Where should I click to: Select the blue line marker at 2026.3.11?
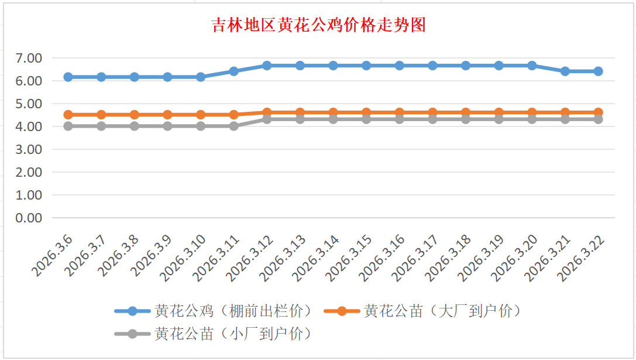[234, 71]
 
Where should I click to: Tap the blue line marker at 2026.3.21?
[565, 71]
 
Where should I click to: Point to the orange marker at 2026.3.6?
[68, 115]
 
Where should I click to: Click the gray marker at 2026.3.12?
[267, 119]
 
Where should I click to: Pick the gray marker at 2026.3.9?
[168, 126]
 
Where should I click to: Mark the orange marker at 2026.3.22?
[598, 112]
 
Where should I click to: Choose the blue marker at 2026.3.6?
[68, 77]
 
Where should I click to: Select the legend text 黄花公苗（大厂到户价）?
[442, 311]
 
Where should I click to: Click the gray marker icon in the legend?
[132, 334]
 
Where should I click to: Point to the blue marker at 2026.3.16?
[400, 66]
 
